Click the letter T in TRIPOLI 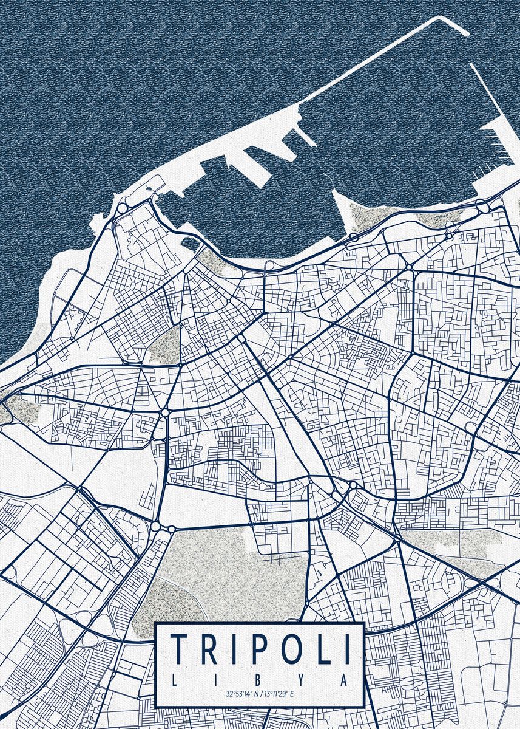[x=180, y=648]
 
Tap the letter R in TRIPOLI [x=212, y=648]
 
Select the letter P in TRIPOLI [x=260, y=648]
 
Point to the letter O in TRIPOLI [x=294, y=648]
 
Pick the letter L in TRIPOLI [x=325, y=648]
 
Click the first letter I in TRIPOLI [x=237, y=648]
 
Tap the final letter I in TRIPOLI [x=348, y=648]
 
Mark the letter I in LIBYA [x=217, y=679]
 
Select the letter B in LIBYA [x=260, y=679]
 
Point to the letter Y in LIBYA [x=302, y=679]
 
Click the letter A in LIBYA [x=344, y=679]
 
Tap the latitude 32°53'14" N [x=243, y=694]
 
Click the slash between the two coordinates [x=263, y=694]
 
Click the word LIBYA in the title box [x=260, y=679]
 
